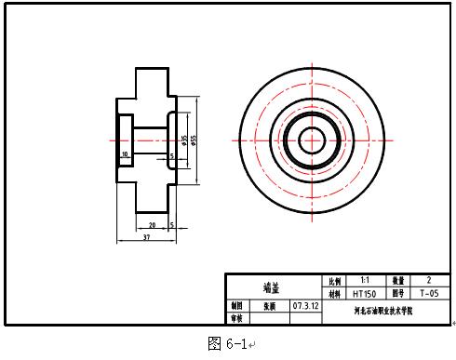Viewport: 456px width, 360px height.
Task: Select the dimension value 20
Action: coord(151,224)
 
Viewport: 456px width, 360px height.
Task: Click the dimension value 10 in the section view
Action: coord(124,153)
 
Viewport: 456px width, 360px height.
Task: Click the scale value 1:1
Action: coord(364,279)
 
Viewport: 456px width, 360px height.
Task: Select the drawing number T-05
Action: coord(428,292)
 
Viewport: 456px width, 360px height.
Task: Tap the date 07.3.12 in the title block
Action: coord(305,305)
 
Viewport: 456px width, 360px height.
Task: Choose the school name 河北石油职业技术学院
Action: coord(384,312)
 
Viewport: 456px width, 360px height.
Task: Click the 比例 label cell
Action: coord(332,279)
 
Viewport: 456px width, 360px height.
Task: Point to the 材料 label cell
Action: coord(332,292)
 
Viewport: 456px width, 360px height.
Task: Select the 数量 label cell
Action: coord(396,279)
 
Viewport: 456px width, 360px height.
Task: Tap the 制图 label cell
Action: coord(236,305)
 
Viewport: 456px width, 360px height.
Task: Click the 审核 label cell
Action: coord(236,318)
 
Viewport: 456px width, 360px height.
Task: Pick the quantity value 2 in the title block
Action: coord(428,279)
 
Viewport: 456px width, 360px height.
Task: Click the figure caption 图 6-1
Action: coord(226,344)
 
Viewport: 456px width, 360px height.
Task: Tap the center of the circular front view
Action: coord(311,140)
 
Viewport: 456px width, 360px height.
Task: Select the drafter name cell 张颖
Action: coord(269,305)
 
